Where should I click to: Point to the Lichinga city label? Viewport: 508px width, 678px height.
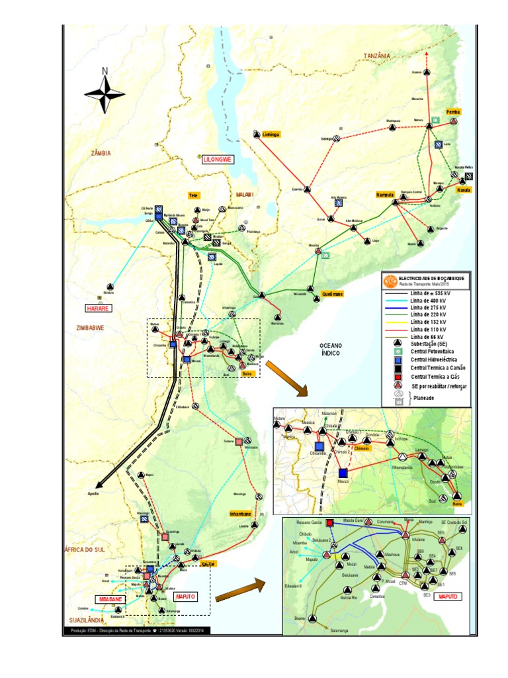(271, 134)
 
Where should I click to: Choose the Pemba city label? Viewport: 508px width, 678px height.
(453, 112)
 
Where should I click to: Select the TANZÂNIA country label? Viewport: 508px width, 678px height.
(376, 57)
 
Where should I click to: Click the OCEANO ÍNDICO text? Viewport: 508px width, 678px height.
(331, 350)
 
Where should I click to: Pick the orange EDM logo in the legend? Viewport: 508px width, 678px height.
(391, 281)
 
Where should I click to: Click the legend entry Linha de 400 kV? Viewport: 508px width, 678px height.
(428, 300)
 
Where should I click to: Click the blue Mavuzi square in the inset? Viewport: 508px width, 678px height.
(343, 473)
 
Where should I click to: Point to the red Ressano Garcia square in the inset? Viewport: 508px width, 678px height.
(330, 523)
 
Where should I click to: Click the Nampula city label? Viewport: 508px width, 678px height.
(385, 195)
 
